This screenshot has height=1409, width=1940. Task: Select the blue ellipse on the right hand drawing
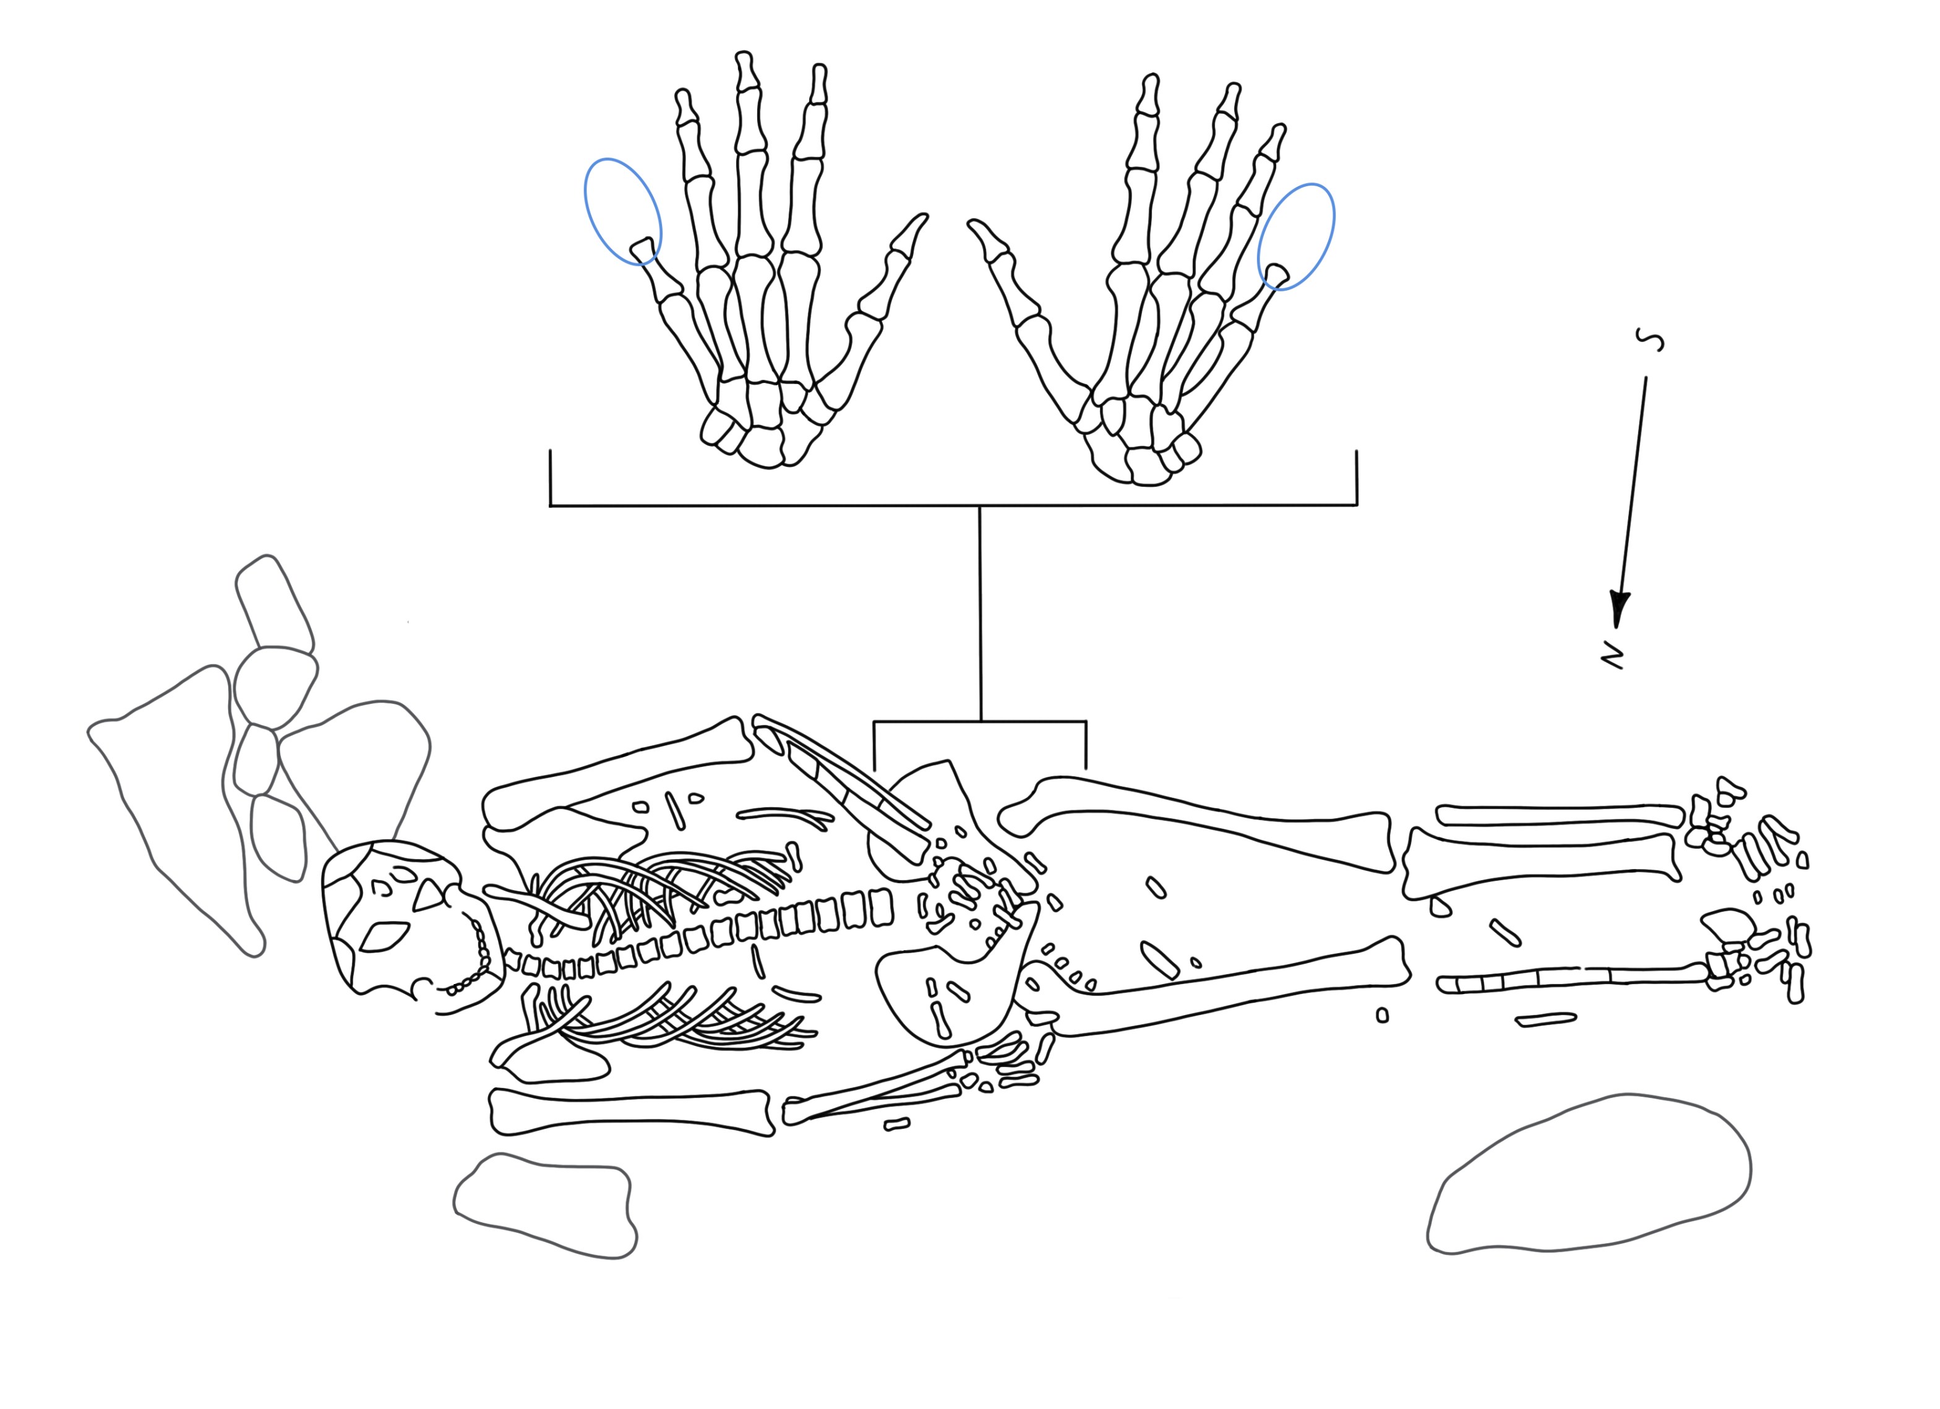pyautogui.click(x=1296, y=236)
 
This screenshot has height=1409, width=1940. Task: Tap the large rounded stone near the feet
pyautogui.click(x=1589, y=1174)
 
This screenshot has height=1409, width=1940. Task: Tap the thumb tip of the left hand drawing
pyautogui.click(x=923, y=218)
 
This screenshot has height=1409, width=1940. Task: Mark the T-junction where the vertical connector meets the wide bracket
pyautogui.click(x=979, y=505)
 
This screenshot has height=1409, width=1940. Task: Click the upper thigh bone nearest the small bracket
pyautogui.click(x=1198, y=822)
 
